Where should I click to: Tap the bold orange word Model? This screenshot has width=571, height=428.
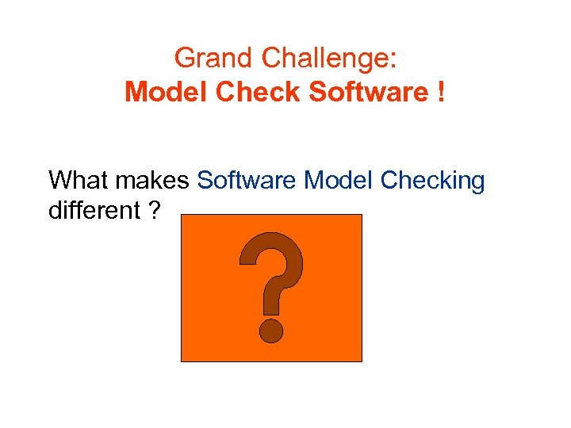(161, 93)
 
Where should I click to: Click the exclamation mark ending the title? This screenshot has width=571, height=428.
(439, 93)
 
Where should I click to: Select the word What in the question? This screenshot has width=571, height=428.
(78, 181)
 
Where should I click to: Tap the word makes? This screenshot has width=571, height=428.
(151, 181)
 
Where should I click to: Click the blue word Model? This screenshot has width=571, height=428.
(339, 181)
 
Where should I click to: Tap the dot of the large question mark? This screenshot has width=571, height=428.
(271, 330)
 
